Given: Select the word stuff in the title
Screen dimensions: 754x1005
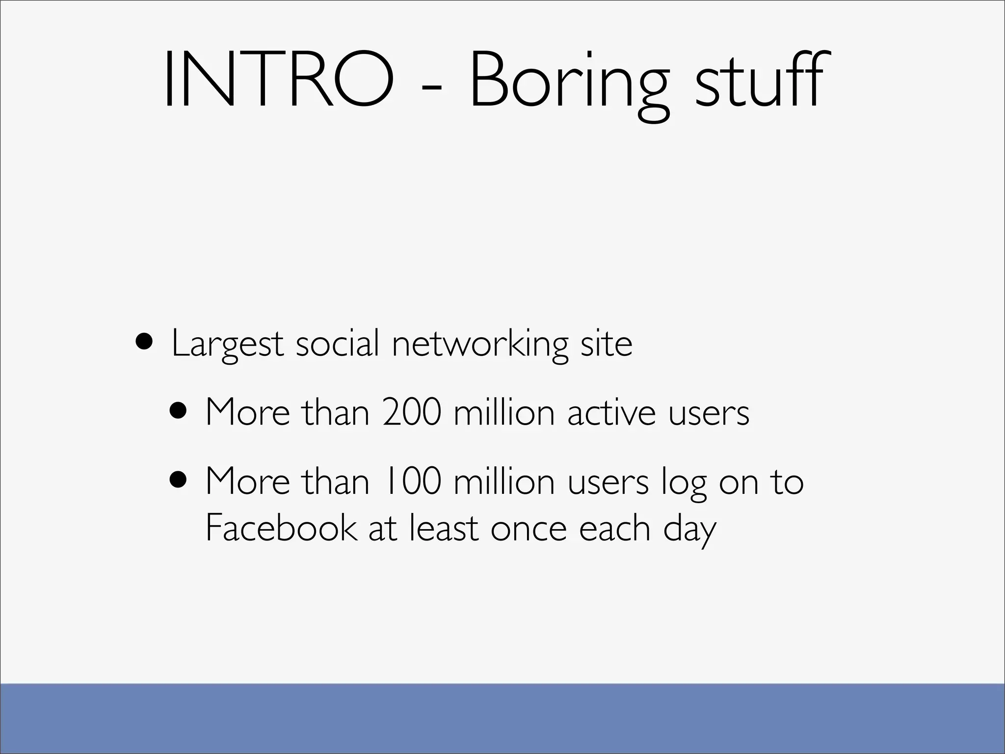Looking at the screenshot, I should coord(759,80).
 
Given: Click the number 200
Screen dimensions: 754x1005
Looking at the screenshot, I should coord(412,412).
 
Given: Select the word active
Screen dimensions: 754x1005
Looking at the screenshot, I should coord(611,412).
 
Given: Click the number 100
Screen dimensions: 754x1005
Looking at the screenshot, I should coord(412,481).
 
